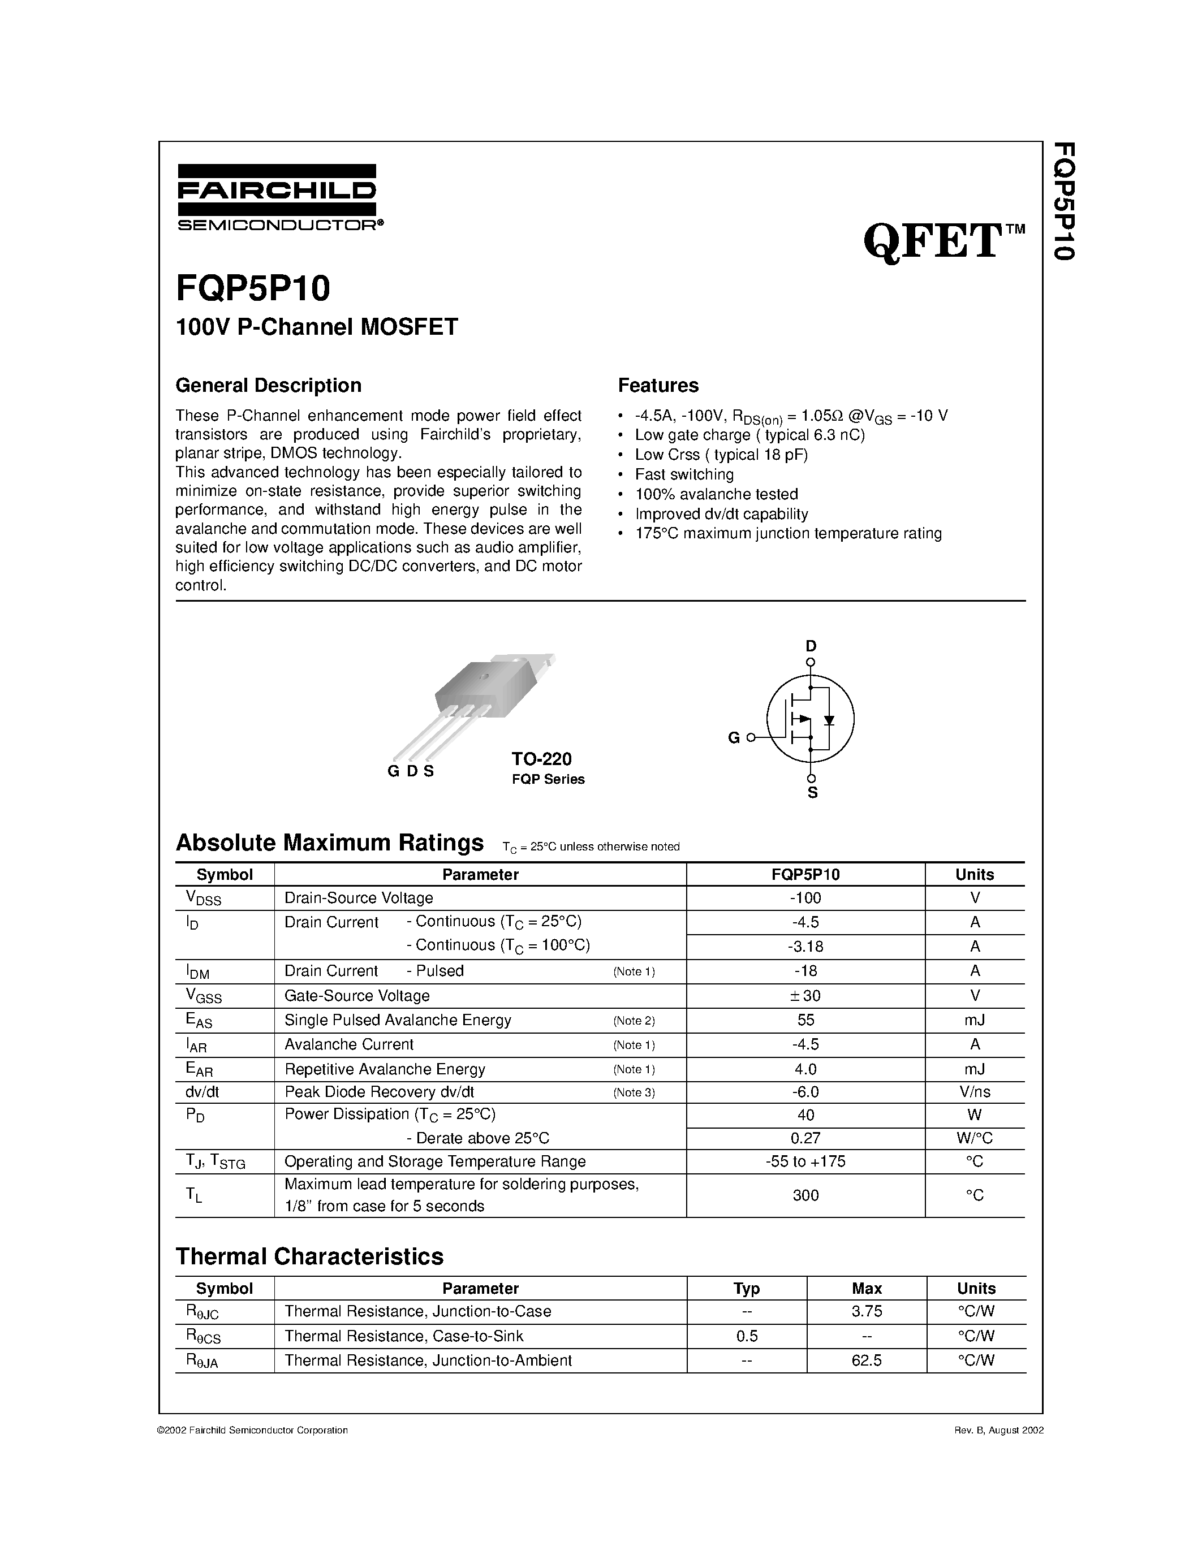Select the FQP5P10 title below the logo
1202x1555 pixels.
click(x=253, y=289)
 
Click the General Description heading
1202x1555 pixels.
click(x=269, y=385)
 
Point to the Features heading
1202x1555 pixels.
click(x=658, y=385)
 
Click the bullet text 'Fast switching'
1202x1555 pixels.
click(x=684, y=474)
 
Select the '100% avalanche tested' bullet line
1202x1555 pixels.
click(x=716, y=494)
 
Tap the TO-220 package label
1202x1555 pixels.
click(x=541, y=759)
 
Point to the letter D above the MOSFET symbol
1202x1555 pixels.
click(x=811, y=646)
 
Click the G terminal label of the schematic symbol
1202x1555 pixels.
click(x=734, y=738)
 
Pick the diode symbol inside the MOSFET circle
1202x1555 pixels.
click(x=829, y=720)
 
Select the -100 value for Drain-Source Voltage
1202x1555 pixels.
click(x=805, y=898)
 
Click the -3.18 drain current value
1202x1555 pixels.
click(x=805, y=946)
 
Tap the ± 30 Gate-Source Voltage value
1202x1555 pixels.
click(x=805, y=995)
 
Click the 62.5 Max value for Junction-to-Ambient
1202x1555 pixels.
click(x=867, y=1360)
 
